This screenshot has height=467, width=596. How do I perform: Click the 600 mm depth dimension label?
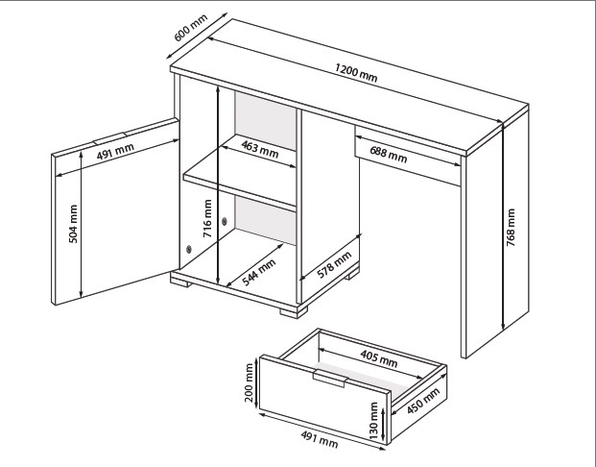191,28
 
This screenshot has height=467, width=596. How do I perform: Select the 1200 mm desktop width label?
356,73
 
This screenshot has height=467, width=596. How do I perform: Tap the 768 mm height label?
511,227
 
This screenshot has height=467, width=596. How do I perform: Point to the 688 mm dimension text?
389,154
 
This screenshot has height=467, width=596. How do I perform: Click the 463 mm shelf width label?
260,149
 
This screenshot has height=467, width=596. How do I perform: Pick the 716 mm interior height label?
207,218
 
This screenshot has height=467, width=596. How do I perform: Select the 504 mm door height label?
73,224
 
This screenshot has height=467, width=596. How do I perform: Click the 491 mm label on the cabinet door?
115,151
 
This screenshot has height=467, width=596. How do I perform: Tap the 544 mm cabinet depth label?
259,272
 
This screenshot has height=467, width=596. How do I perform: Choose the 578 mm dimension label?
334,265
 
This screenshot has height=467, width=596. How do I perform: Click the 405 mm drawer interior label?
379,358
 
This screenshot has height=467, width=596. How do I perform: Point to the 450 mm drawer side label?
423,401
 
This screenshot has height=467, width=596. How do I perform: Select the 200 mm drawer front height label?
249,382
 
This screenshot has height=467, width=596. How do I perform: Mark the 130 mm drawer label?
373,421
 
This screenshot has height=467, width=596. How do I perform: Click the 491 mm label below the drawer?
320,439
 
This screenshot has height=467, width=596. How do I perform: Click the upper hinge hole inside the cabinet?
225,221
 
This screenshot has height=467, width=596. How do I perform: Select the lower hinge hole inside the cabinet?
189,249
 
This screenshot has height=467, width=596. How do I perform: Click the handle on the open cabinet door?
110,138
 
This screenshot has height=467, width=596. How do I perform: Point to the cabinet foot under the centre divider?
294,312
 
